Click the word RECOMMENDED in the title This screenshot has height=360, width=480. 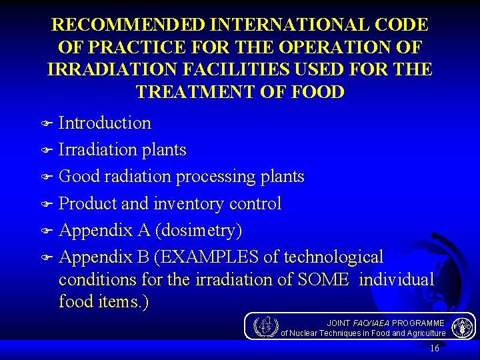(128, 25)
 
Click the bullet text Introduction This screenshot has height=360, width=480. (105, 123)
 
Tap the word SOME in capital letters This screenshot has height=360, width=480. (323, 279)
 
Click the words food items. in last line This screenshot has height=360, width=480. (103, 301)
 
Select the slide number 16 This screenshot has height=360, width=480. (435, 348)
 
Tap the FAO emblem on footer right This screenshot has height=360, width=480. (462, 327)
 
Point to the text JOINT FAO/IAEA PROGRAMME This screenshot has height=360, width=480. (385, 323)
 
